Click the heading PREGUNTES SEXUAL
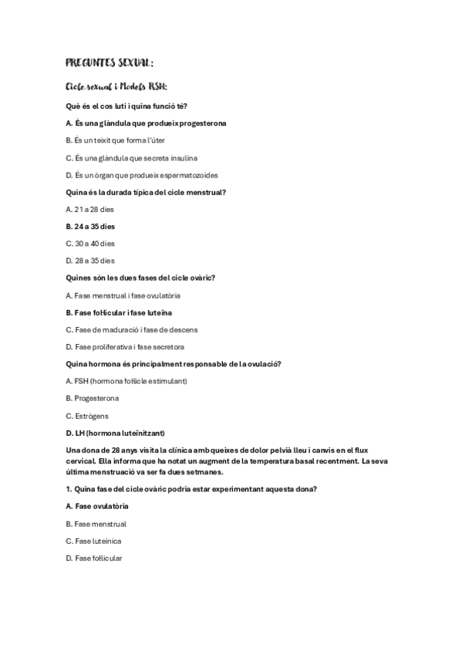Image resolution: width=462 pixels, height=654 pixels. [x=110, y=62]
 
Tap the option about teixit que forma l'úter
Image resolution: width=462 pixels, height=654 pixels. [x=116, y=140]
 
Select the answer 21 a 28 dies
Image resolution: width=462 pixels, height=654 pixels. [x=91, y=209]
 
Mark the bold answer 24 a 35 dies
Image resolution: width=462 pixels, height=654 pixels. [x=91, y=227]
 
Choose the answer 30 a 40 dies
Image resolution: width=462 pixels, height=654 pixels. [x=91, y=244]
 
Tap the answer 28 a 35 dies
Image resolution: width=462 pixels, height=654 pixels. [x=91, y=261]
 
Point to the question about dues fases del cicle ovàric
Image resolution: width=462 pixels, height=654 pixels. [x=140, y=278]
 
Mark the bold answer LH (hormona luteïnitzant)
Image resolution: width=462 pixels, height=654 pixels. [x=116, y=432]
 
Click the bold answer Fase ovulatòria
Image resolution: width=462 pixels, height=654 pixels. [x=97, y=506]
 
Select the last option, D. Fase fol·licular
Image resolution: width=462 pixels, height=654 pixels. [x=94, y=558]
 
